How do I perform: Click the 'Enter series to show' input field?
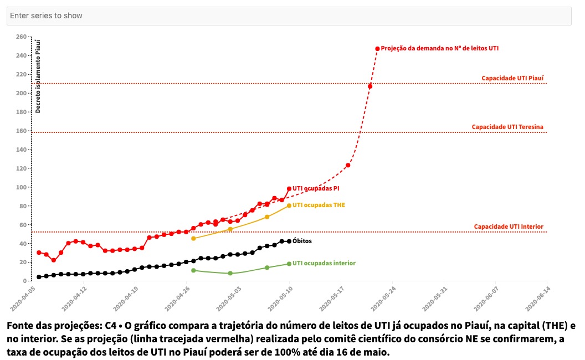(x=288, y=16)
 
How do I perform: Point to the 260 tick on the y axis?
(x=22, y=37)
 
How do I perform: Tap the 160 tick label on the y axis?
(x=22, y=131)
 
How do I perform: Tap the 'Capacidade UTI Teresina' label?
(x=507, y=127)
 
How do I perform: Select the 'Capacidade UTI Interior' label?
(x=509, y=227)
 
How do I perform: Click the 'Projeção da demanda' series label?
(x=439, y=48)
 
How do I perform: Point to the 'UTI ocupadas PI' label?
(x=316, y=189)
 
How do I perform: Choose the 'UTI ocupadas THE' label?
(x=319, y=205)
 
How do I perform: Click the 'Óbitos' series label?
(x=302, y=241)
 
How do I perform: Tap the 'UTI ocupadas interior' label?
(x=324, y=263)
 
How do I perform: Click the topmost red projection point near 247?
(x=377, y=49)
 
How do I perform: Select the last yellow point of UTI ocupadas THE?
(x=289, y=205)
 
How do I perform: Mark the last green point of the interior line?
(x=289, y=264)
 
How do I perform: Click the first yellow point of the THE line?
(x=193, y=238)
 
